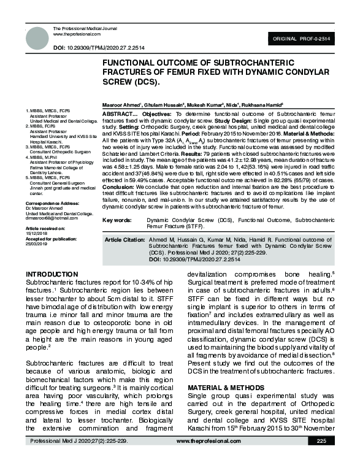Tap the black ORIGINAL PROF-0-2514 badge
point(305,38)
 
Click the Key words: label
point(117,219)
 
